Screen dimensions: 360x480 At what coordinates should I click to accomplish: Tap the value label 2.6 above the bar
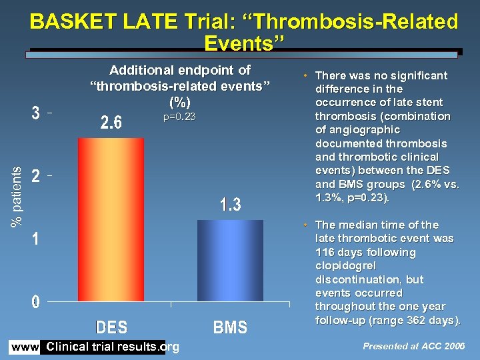111,123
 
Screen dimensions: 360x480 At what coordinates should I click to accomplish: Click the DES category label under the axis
111,327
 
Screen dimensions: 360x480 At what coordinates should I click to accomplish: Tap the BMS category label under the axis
230,327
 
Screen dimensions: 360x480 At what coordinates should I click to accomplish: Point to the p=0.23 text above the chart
179,117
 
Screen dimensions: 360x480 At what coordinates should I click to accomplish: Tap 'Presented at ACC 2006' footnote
413,346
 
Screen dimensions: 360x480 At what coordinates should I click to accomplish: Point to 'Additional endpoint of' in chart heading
179,70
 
